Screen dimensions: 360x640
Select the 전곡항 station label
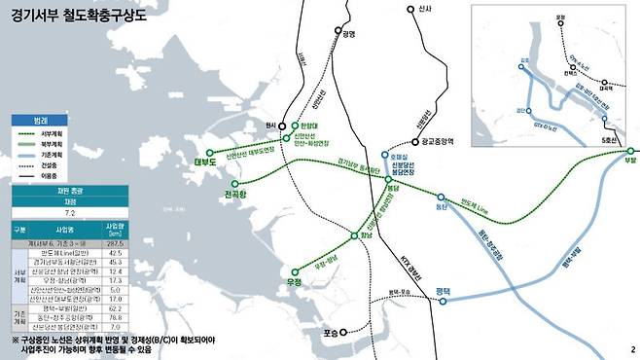238,196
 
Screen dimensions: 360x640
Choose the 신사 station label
421,9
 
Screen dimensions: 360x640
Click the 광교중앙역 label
441,141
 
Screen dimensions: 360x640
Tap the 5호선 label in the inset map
610,135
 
